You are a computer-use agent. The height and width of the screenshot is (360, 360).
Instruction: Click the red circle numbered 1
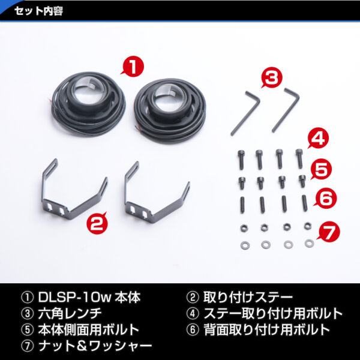click(133, 67)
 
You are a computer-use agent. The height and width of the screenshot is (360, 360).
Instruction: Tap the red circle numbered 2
click(97, 223)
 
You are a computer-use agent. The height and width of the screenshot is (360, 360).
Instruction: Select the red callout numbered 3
click(272, 77)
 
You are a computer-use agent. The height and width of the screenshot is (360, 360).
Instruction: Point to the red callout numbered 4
click(319, 138)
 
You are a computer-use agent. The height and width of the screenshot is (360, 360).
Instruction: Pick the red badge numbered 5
click(321, 169)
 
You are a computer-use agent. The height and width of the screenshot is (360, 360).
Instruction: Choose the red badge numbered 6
click(326, 199)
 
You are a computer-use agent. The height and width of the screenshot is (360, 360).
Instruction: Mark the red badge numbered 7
click(329, 232)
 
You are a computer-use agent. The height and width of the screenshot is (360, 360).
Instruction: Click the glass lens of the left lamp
click(88, 89)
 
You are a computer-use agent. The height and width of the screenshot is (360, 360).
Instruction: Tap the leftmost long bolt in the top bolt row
click(241, 160)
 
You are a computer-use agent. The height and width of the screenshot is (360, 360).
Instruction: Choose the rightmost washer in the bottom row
click(309, 243)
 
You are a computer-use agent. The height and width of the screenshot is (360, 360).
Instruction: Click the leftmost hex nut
click(244, 228)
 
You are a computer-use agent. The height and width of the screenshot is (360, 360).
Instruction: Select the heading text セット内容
click(38, 11)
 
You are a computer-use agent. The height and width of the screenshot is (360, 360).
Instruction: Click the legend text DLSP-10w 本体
click(89, 298)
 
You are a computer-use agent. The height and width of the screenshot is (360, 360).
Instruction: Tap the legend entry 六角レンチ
click(70, 314)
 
